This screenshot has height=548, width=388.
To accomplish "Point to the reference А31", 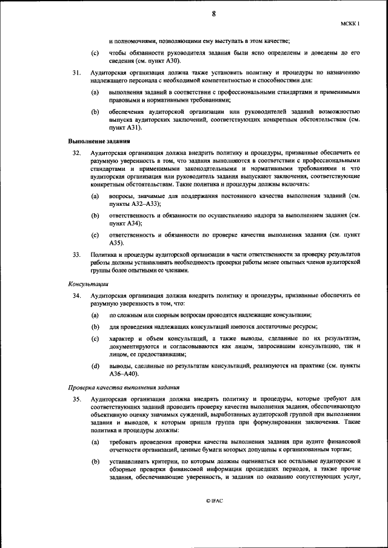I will click(133, 128).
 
